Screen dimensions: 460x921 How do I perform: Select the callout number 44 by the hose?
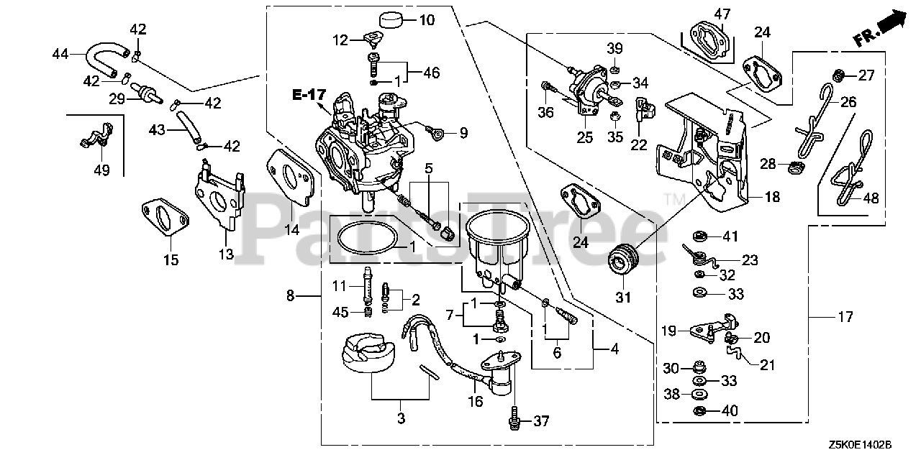click(61, 53)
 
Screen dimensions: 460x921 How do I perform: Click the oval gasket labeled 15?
click(165, 218)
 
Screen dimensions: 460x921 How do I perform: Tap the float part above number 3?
click(368, 356)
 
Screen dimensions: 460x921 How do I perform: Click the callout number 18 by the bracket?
click(772, 196)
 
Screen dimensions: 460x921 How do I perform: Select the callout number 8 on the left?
click(291, 295)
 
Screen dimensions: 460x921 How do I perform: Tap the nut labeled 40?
click(699, 411)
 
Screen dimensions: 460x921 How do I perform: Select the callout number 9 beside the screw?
click(463, 132)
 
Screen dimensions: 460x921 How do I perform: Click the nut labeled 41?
click(698, 236)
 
